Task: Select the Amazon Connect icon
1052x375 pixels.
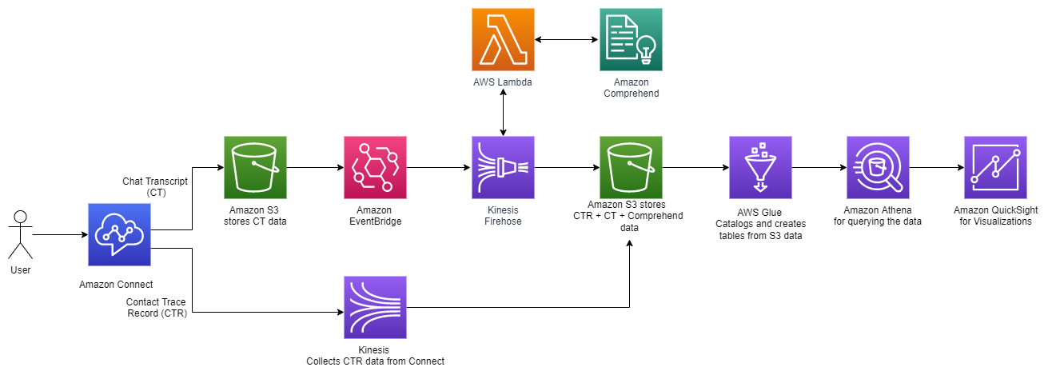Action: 118,234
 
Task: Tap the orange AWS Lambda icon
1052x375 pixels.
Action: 503,39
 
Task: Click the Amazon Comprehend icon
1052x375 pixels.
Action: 631,39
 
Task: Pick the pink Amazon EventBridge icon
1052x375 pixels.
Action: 375,167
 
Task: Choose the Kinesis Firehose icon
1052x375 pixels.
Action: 503,167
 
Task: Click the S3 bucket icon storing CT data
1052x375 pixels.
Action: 254,167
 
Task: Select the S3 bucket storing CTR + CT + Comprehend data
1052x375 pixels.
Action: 631,167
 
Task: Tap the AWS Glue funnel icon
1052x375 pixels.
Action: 760,167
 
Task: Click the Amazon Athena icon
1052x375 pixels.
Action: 878,167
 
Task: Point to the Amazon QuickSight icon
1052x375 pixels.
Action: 995,167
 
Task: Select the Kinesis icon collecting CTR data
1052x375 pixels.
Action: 375,307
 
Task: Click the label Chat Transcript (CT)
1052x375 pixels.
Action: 155,187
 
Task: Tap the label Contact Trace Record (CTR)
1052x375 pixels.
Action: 157,307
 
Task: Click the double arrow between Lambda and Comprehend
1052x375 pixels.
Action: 567,39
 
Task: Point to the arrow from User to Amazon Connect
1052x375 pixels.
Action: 60,235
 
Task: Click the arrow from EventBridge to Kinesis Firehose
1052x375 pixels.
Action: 439,168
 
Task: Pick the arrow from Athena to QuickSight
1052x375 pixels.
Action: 936,168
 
